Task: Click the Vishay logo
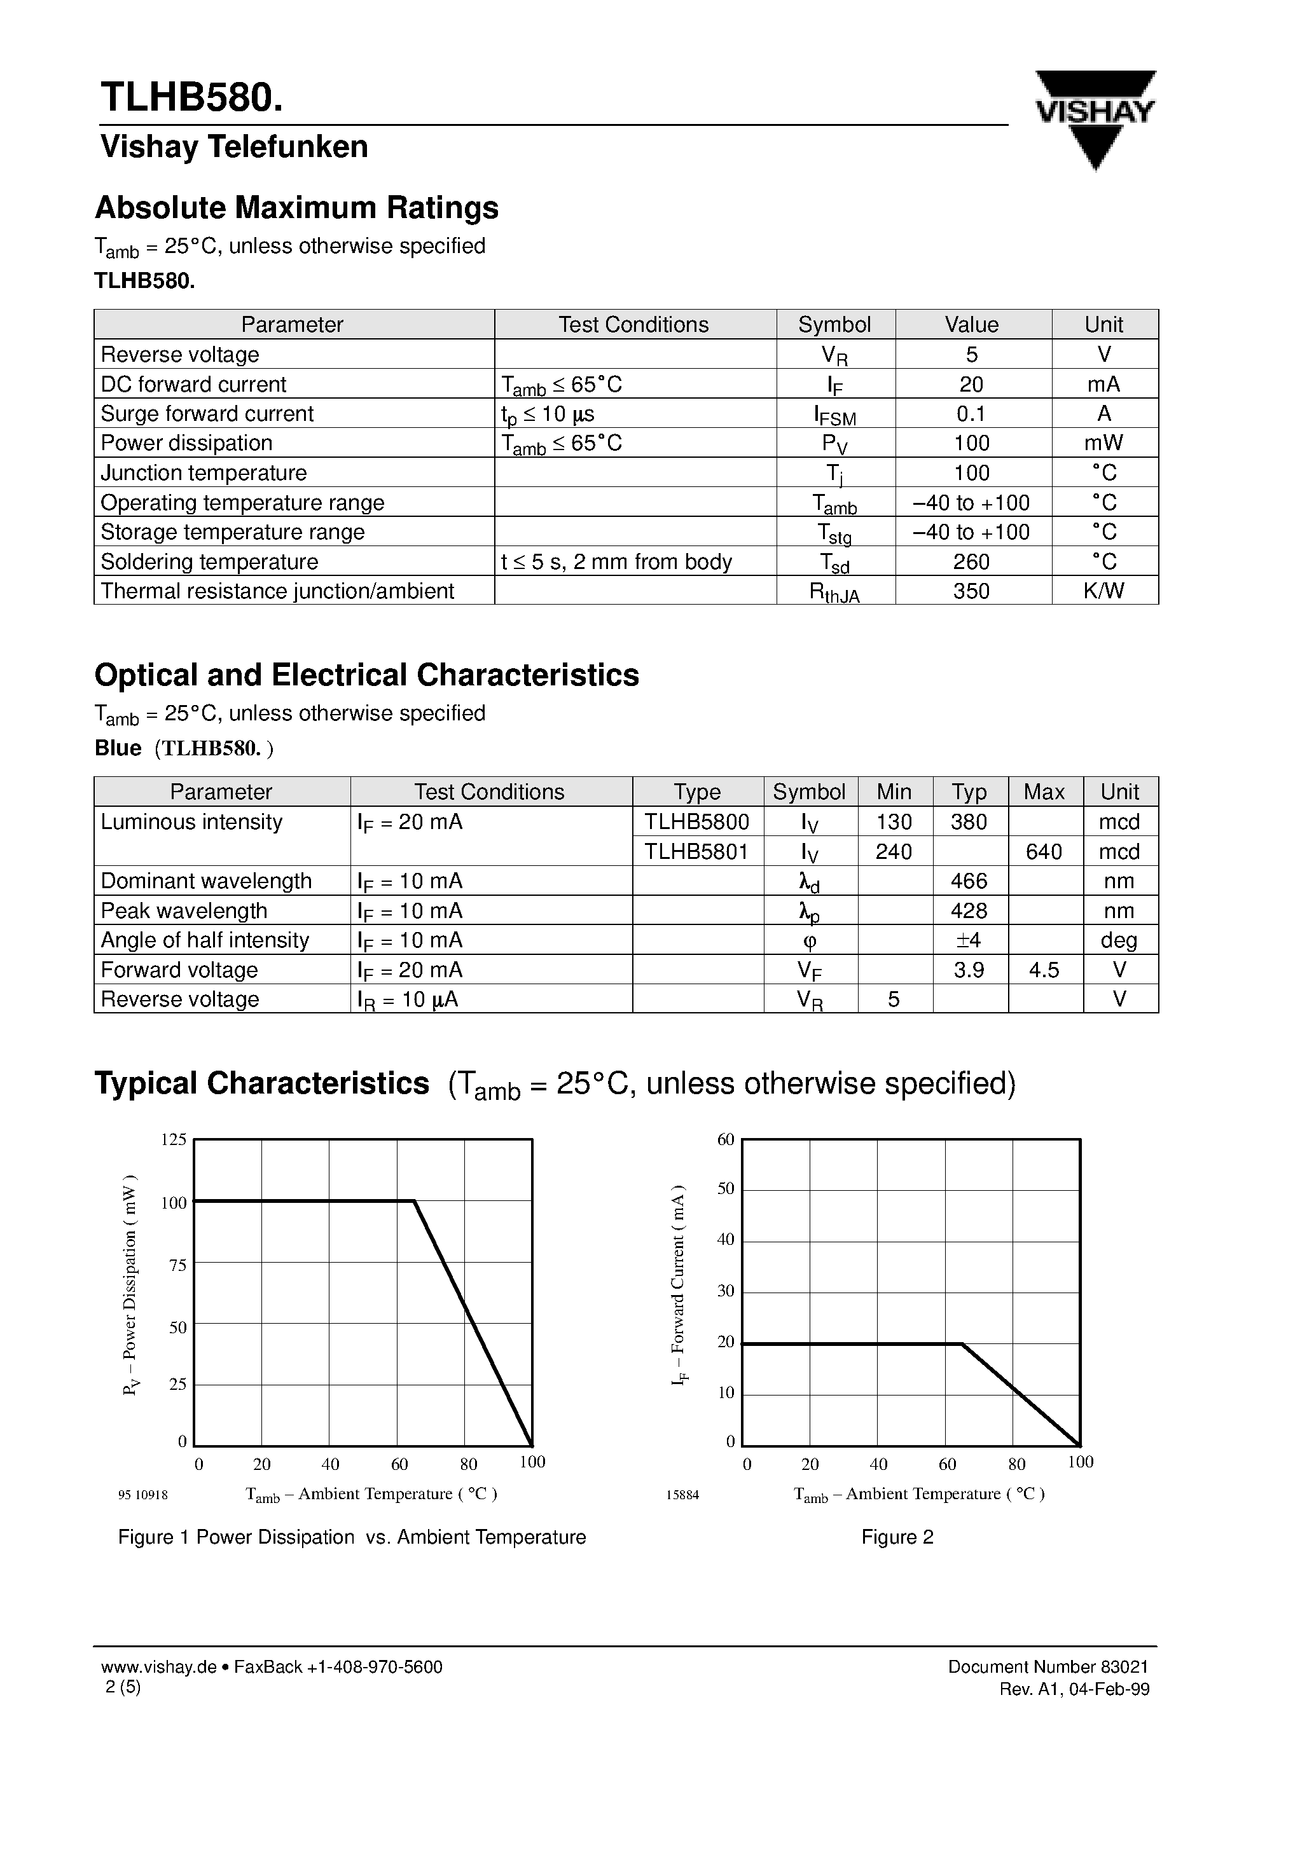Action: point(1095,118)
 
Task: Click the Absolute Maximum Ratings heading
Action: point(296,208)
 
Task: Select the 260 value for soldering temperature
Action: point(971,561)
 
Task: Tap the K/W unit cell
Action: point(1103,591)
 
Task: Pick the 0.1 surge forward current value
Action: point(971,414)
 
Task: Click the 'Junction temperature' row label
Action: point(204,473)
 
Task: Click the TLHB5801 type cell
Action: point(696,851)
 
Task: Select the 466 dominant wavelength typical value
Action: point(969,881)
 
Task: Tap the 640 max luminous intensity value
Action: point(1044,851)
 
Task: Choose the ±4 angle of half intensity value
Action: point(969,940)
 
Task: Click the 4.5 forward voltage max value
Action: point(1044,970)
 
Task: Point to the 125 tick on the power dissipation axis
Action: point(174,1140)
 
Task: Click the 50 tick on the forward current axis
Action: point(726,1189)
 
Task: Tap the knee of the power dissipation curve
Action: point(415,1202)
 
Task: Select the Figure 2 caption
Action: point(897,1537)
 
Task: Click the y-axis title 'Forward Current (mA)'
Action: point(679,1285)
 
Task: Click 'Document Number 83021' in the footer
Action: point(1048,1666)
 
